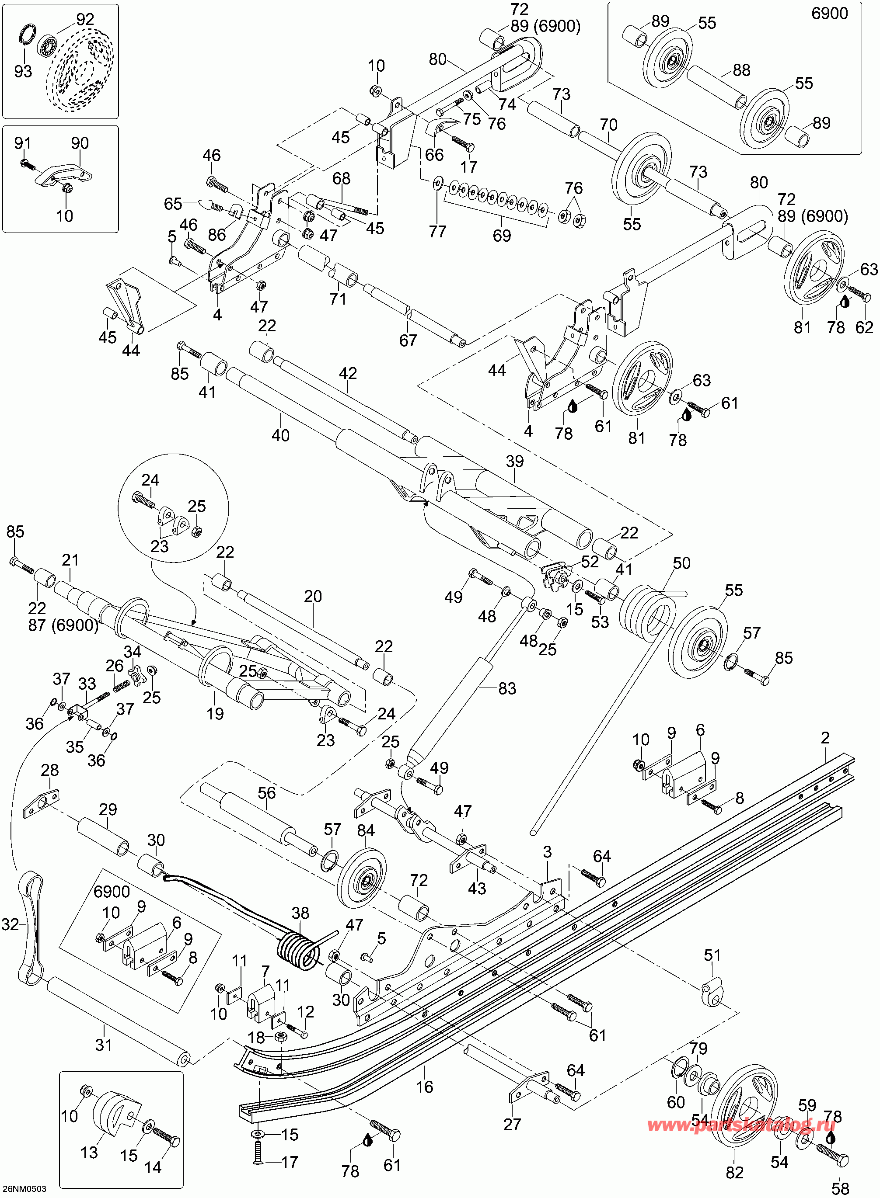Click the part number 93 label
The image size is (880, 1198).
(x=23, y=71)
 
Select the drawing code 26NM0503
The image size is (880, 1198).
(x=24, y=1189)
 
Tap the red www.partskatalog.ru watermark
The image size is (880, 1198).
(x=741, y=1125)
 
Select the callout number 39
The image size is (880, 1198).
(x=515, y=462)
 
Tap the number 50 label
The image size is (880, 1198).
(x=681, y=563)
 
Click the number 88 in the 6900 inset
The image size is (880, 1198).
(x=741, y=70)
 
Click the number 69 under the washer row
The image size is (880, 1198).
(x=502, y=235)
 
